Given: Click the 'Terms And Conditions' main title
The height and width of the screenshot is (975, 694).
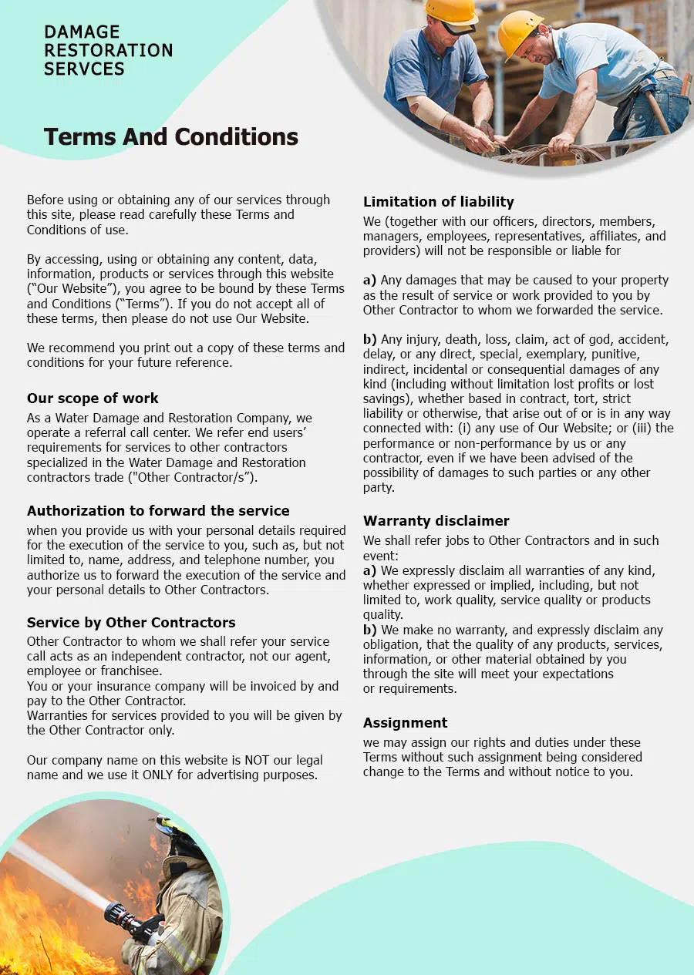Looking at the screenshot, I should (x=170, y=137).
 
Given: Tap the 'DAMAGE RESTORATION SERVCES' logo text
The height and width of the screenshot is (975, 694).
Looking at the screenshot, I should (x=108, y=51).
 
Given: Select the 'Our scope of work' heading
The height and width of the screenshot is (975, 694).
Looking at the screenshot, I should (x=93, y=398).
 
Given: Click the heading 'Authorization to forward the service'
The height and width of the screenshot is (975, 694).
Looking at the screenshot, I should (x=158, y=511).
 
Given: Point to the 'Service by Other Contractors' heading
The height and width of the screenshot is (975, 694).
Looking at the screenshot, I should (x=131, y=623).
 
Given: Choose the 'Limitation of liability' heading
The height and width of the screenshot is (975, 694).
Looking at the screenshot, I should (x=438, y=202).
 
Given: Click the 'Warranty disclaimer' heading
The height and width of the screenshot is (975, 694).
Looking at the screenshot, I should (x=436, y=521).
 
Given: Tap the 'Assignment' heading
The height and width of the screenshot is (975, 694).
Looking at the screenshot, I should (x=405, y=723).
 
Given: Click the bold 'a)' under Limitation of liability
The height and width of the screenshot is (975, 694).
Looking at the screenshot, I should (x=370, y=281).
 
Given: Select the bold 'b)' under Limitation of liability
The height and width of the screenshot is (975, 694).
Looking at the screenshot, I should (x=370, y=340).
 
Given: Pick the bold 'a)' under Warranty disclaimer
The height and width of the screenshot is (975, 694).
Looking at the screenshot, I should (x=370, y=571).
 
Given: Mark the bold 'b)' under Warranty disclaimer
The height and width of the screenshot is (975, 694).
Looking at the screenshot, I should (x=370, y=630).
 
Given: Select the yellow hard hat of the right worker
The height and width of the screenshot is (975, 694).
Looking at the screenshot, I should (x=519, y=31).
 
